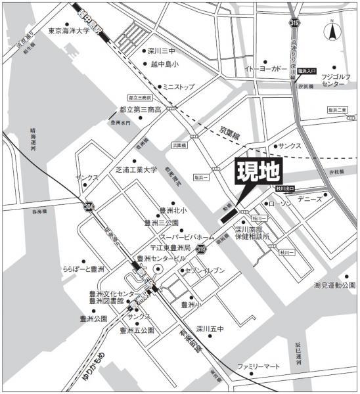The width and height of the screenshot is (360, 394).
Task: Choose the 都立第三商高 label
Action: click(x=140, y=110)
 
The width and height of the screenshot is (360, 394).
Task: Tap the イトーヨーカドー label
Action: click(x=265, y=68)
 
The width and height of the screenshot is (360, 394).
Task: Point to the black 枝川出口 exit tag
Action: click(x=286, y=188)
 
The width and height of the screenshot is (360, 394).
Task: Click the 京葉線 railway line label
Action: click(x=231, y=131)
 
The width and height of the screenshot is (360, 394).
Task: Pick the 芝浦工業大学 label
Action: click(x=137, y=169)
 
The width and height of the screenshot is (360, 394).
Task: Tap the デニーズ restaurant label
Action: click(x=309, y=198)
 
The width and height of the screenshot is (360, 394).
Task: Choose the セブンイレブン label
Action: click(x=205, y=271)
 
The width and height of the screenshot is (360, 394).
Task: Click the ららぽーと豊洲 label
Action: click(x=83, y=269)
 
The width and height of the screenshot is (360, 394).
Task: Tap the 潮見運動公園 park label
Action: click(x=334, y=286)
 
